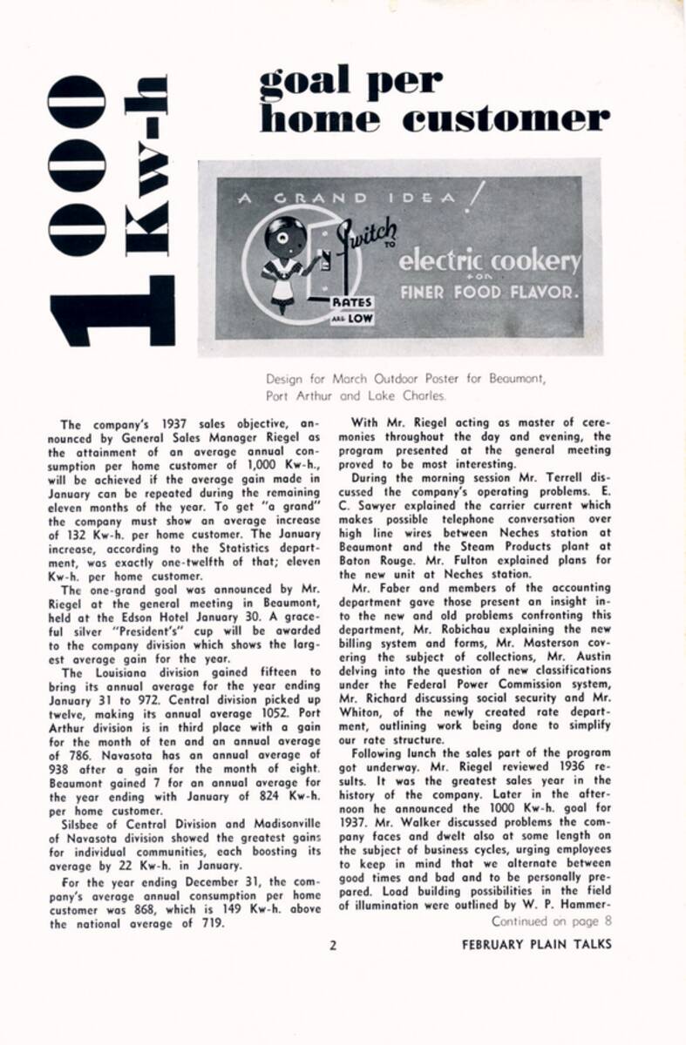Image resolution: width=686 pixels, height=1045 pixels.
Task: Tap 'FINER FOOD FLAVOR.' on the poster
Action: pyautogui.click(x=488, y=292)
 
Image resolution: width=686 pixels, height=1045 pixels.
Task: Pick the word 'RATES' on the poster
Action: pyautogui.click(x=353, y=302)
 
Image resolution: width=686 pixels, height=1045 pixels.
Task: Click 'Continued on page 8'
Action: pyautogui.click(x=552, y=920)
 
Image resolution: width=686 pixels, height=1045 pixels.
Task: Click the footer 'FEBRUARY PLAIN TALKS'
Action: pyautogui.click(x=536, y=945)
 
